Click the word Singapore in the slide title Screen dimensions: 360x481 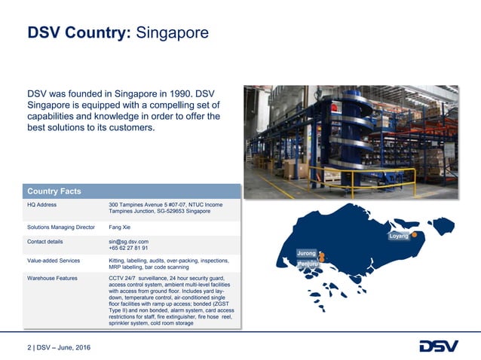[x=172, y=33]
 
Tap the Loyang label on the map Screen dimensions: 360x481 [x=399, y=236]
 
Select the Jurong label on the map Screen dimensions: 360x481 [x=306, y=254]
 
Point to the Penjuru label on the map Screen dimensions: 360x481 [x=307, y=264]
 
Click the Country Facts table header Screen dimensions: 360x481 [x=54, y=191]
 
